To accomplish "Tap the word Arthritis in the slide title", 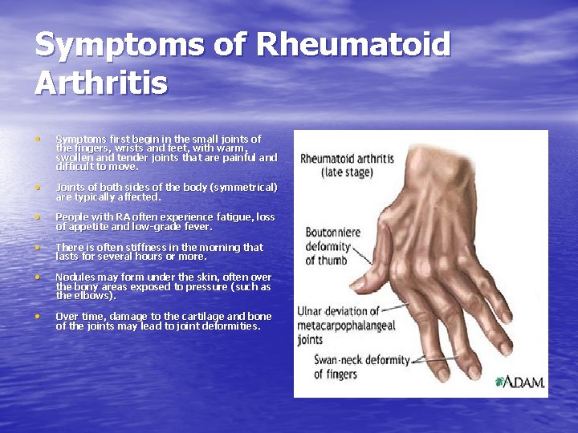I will [x=101, y=83].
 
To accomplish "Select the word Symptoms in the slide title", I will [x=121, y=45].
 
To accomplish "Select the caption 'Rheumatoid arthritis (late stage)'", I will [x=347, y=165].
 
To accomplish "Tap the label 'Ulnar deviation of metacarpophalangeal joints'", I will [x=339, y=324].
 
